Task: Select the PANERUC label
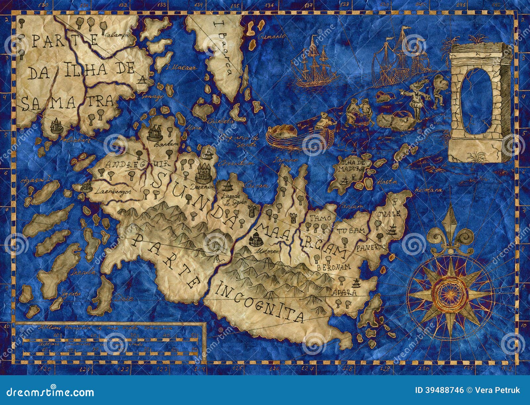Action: [x=377, y=247]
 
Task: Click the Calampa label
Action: [x=114, y=34]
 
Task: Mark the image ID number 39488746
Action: [x=445, y=390]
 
